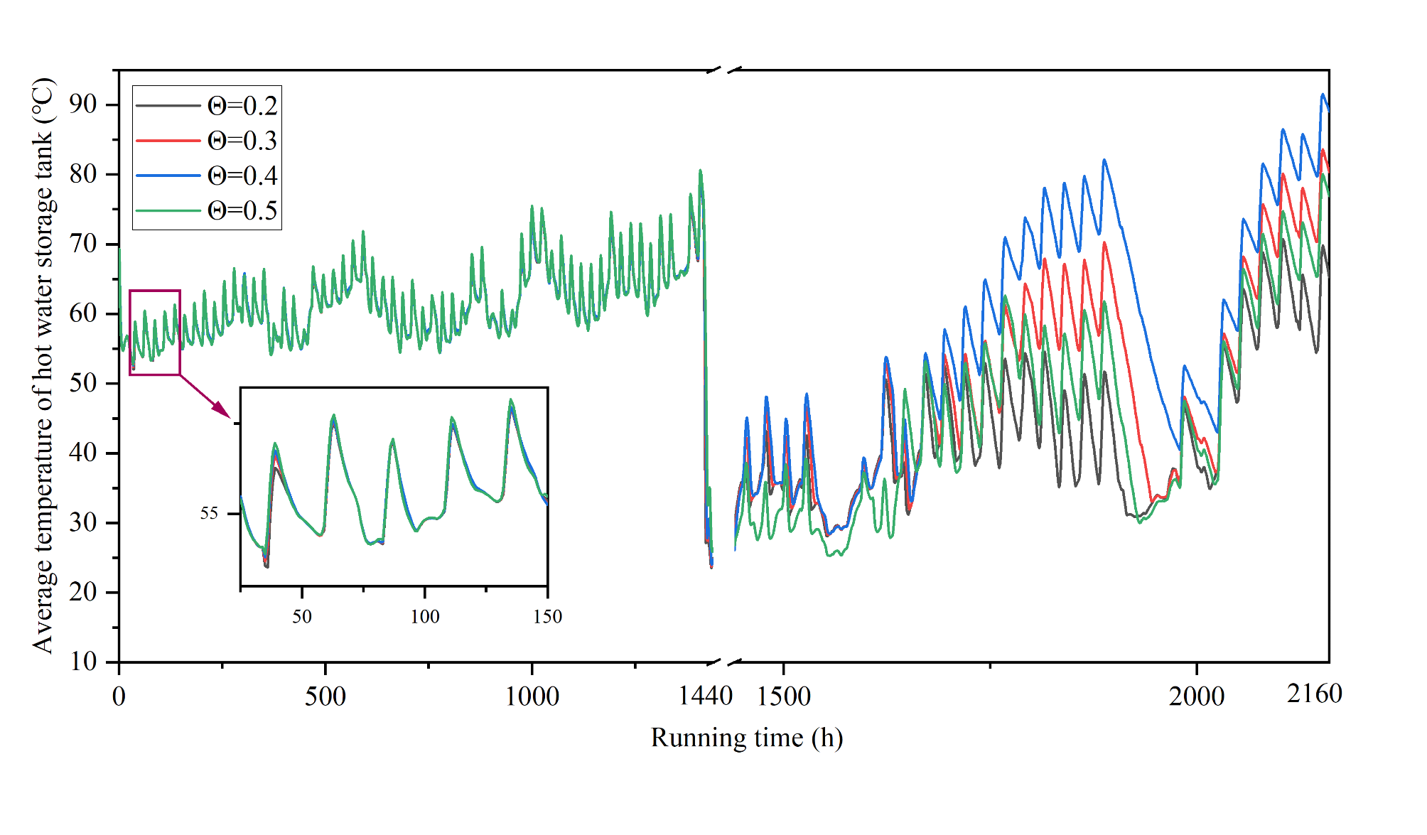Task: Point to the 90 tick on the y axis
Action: [x=83, y=104]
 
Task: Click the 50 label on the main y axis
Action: [x=83, y=383]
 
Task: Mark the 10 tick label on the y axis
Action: [x=83, y=662]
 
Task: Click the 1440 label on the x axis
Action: [x=705, y=696]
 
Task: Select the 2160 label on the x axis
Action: [x=1314, y=694]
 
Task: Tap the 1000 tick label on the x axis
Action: [x=532, y=696]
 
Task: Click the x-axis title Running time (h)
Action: [x=746, y=738]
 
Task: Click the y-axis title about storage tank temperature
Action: [x=43, y=365]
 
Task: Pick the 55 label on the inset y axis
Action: [x=209, y=514]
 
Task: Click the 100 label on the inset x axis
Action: [x=425, y=617]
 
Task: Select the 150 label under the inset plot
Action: [x=547, y=617]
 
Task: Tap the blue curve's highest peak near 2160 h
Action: [x=1323, y=95]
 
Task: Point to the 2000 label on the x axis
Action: [x=1197, y=696]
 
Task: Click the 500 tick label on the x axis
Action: [x=325, y=696]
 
